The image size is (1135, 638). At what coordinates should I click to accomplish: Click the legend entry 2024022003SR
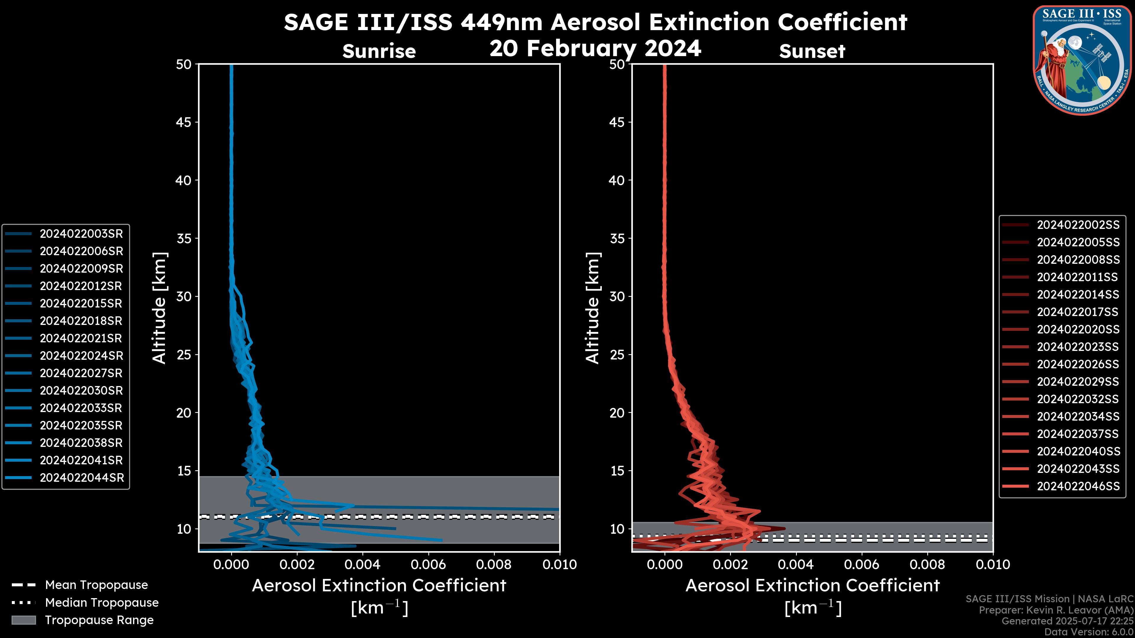point(81,234)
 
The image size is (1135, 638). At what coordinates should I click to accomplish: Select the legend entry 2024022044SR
point(82,478)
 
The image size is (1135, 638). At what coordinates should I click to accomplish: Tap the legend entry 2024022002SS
point(1078,225)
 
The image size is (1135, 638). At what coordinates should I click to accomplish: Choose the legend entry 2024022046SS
point(1078,486)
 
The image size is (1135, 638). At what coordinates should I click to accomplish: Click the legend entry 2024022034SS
point(1078,416)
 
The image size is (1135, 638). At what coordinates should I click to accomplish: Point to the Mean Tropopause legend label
point(96,585)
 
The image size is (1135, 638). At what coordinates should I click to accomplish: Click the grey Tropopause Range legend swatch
point(23,620)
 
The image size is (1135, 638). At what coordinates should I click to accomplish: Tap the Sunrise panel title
point(379,51)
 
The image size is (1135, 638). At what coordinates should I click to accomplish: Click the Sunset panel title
point(812,51)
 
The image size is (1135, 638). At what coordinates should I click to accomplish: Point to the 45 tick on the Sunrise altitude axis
point(184,122)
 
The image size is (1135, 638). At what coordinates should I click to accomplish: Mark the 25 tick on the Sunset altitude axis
point(617,355)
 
